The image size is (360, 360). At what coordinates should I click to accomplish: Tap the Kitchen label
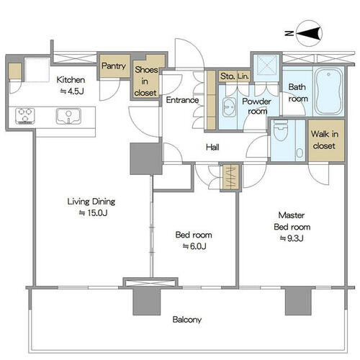point(71,80)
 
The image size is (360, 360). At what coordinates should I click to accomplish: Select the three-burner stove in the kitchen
point(25,116)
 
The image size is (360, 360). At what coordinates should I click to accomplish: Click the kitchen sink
point(68,117)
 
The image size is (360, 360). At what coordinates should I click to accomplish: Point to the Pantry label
point(114,66)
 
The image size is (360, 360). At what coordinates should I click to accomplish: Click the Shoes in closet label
point(145,81)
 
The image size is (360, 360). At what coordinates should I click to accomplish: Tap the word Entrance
point(182,100)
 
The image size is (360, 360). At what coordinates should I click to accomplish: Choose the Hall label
point(212,147)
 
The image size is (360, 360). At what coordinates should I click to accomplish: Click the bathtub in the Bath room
point(329,91)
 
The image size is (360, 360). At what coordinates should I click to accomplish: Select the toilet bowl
point(280,131)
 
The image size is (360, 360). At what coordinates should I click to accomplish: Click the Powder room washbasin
point(229,107)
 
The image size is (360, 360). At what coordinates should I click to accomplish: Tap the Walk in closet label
point(325,140)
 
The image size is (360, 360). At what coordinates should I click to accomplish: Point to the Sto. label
point(228,76)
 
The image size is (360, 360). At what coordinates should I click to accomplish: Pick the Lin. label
point(243,76)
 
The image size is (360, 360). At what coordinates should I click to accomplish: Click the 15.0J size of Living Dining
point(93,213)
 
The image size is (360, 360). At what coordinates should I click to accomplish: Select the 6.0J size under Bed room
point(194,246)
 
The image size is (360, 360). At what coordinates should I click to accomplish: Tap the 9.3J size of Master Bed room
point(292,238)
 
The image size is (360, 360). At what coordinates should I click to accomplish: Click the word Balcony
point(187,320)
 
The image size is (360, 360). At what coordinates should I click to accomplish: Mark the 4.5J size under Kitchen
point(72,91)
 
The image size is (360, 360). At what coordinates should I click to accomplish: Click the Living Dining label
point(91,202)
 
